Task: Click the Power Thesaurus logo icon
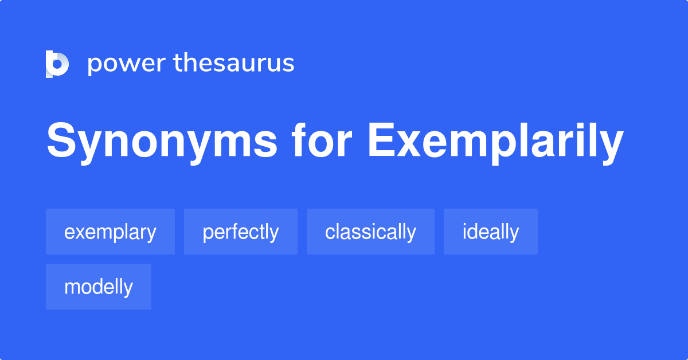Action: [x=57, y=64]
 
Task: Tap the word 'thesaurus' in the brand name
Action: [x=234, y=63]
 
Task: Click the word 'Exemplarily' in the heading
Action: [x=495, y=142]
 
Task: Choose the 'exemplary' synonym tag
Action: [x=110, y=232]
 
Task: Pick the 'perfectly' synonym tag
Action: [x=241, y=232]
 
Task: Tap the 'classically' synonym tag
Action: [x=370, y=232]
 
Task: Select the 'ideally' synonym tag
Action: [x=491, y=232]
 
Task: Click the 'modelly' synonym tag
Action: [x=99, y=287]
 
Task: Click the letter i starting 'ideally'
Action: [x=465, y=232]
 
